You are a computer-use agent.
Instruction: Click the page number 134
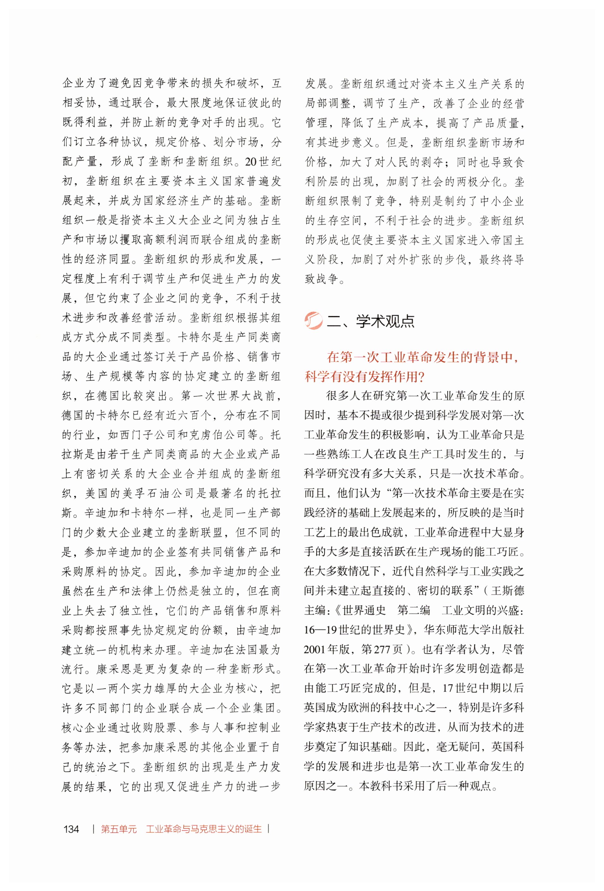(71, 829)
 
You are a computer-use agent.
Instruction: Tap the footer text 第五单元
(118, 829)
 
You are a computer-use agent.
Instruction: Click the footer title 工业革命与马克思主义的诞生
(203, 829)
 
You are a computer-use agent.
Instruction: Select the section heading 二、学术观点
(370, 321)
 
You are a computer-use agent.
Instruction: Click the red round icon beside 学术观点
(313, 321)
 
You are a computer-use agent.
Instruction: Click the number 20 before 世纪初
(251, 162)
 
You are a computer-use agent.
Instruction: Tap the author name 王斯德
(507, 590)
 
